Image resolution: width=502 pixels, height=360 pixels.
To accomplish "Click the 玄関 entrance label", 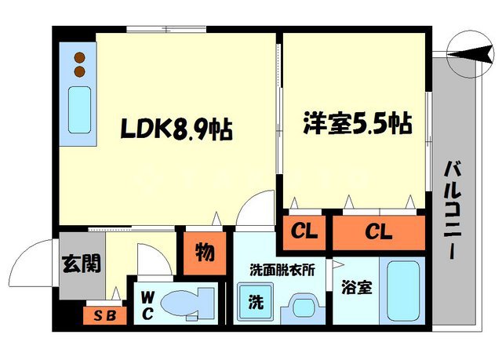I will coord(81,264).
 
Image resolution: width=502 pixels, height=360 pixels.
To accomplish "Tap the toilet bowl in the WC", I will coord(192,304).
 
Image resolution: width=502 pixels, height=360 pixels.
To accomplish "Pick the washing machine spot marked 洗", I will coord(256,300).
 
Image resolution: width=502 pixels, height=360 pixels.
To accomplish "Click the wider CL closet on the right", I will coord(378,231).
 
